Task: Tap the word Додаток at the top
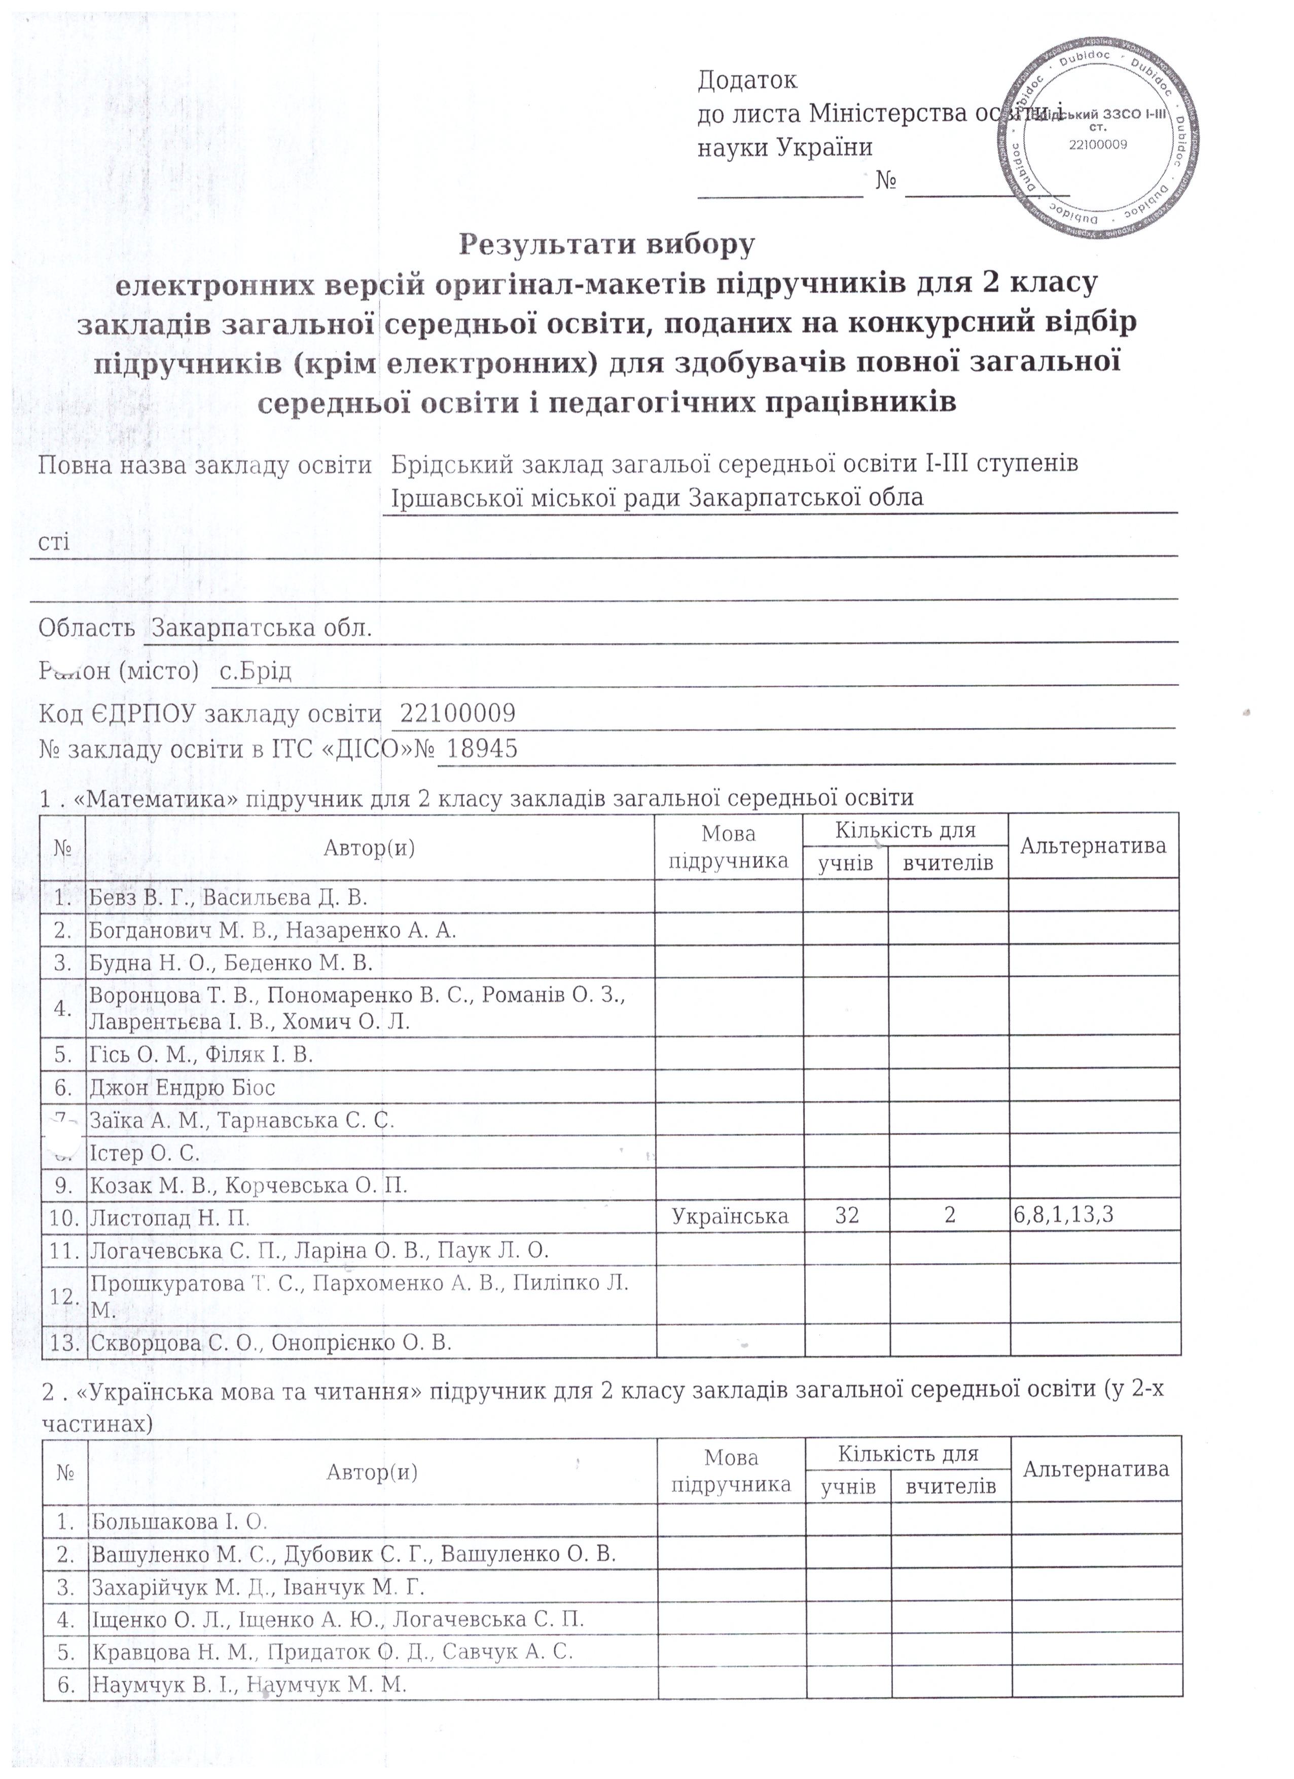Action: click(x=746, y=80)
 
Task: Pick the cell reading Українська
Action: click(x=730, y=1216)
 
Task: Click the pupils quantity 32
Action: click(x=847, y=1216)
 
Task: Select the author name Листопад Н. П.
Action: click(x=170, y=1218)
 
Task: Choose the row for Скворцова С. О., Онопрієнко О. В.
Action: click(x=271, y=1343)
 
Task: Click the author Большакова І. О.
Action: click(x=179, y=1522)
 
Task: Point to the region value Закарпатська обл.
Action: click(x=261, y=628)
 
